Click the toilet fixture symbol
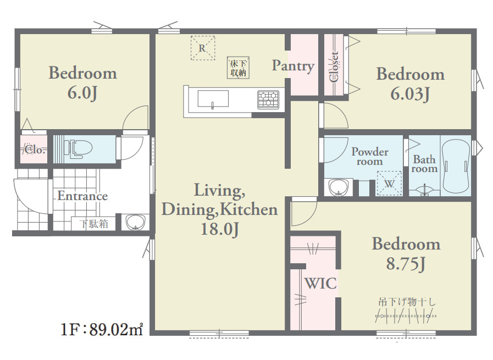[78, 148]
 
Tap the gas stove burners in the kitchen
[268, 99]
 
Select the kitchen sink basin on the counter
[213, 98]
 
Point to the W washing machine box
[389, 184]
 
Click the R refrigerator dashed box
[203, 48]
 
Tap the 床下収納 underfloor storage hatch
[239, 68]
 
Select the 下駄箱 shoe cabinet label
[93, 224]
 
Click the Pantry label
[293, 66]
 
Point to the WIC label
[321, 283]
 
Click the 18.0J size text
[220, 229]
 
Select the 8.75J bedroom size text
[406, 263]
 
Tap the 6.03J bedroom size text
[410, 93]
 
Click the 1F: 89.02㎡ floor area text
[102, 329]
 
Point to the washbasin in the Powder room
[339, 187]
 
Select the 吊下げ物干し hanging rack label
[407, 302]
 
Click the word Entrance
[82, 196]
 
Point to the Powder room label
[370, 156]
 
